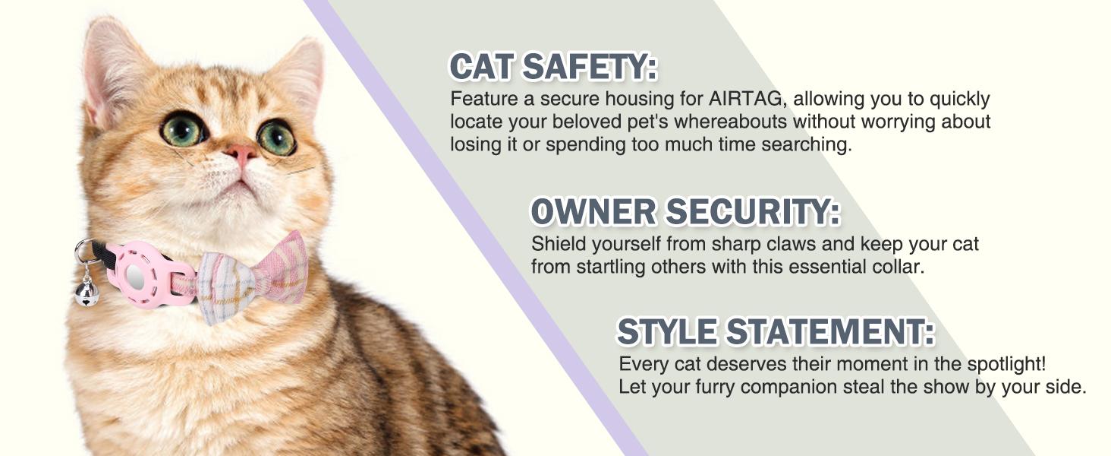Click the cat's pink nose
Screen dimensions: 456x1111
241,155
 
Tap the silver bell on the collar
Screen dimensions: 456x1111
87,292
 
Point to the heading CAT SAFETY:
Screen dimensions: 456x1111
553,68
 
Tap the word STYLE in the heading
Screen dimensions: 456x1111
666,332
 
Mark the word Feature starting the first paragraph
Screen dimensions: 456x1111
482,100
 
